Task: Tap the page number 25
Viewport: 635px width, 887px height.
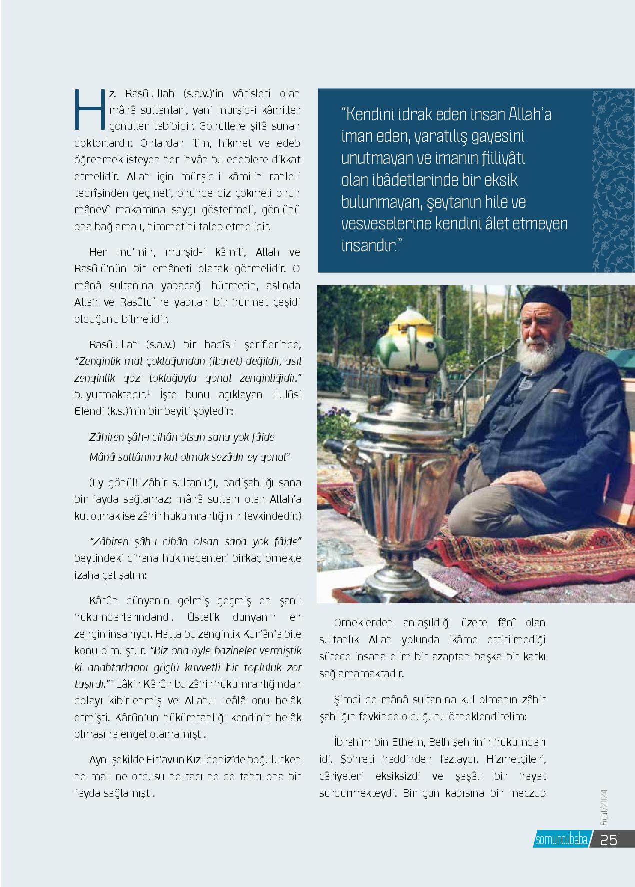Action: click(609, 840)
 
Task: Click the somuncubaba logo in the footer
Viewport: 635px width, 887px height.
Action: click(561, 840)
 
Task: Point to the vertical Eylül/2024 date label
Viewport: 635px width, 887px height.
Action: click(604, 808)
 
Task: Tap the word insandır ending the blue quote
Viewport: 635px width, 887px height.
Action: click(369, 246)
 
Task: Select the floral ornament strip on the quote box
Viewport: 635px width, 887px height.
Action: click(612, 180)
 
